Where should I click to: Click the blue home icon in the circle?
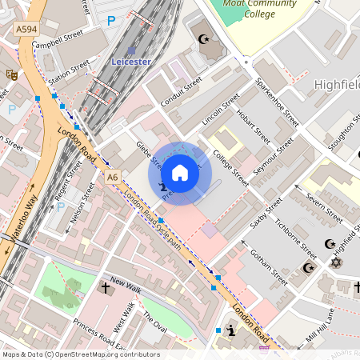[180, 173]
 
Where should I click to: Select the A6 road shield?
[113, 177]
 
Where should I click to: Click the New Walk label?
[126, 283]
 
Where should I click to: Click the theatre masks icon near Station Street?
[11, 74]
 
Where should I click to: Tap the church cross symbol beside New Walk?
[105, 286]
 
